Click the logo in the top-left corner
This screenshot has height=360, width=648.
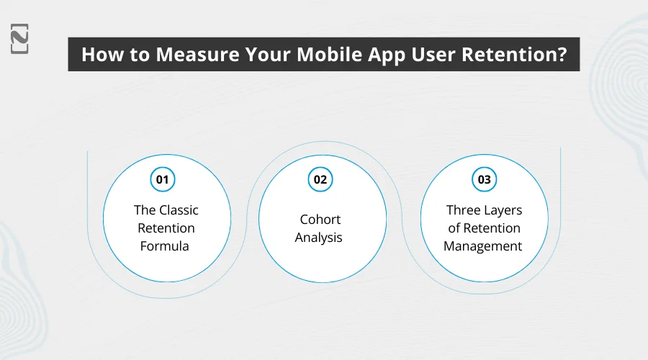pyautogui.click(x=19, y=38)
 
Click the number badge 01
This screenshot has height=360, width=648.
pyautogui.click(x=162, y=179)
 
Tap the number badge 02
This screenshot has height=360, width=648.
pyautogui.click(x=319, y=179)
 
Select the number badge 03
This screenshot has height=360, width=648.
pyautogui.click(x=483, y=179)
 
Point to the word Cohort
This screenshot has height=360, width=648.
pyautogui.click(x=319, y=219)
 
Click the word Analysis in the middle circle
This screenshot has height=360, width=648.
pyautogui.click(x=319, y=237)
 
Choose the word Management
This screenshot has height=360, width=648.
pyautogui.click(x=483, y=246)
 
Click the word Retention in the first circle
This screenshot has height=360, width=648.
pyautogui.click(x=166, y=228)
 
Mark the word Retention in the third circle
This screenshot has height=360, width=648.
pyautogui.click(x=492, y=228)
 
